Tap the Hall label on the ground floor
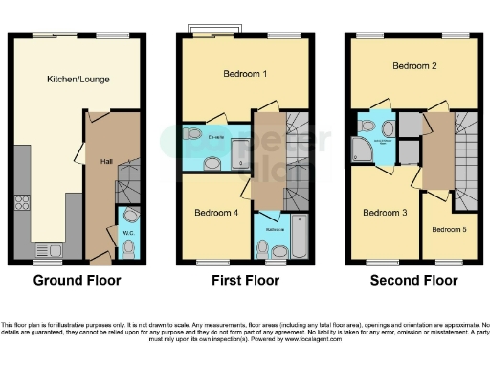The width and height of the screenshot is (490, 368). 106,162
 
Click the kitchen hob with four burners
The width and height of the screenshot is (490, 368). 23,203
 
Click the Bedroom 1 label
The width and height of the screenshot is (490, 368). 218,74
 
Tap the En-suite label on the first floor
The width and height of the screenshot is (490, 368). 214,138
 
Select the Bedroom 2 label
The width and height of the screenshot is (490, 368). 413,66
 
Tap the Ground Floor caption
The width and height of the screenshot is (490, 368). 77,281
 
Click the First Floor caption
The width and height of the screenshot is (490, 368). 245,281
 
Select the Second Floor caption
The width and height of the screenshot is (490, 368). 414,281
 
